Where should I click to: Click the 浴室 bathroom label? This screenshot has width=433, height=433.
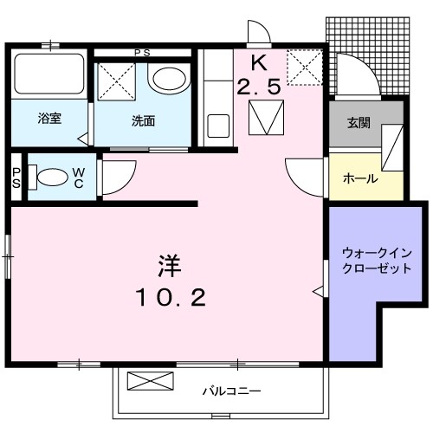pyautogui.click(x=49, y=120)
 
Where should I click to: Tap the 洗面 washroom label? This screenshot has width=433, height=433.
pyautogui.click(x=144, y=121)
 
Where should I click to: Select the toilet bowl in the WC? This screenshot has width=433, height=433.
pyautogui.click(x=53, y=178)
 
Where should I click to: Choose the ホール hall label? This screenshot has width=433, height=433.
pyautogui.click(x=359, y=178)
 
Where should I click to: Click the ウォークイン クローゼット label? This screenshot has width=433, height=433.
pyautogui.click(x=375, y=260)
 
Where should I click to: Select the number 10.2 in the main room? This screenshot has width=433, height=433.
pyautogui.click(x=170, y=299)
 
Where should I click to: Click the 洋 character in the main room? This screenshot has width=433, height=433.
pyautogui.click(x=169, y=262)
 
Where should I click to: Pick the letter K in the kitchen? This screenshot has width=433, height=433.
pyautogui.click(x=257, y=62)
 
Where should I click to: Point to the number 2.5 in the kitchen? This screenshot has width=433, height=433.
pyautogui.click(x=257, y=87)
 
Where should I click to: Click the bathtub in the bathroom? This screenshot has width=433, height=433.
pyautogui.click(x=49, y=76)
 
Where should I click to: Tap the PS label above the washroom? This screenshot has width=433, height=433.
pyautogui.click(x=142, y=53)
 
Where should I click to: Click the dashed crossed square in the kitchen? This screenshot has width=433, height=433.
pyautogui.click(x=304, y=66)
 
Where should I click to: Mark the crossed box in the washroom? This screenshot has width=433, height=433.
pyautogui.click(x=116, y=84)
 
